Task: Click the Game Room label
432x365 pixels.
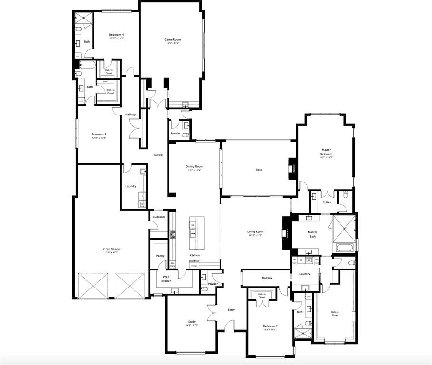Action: point(173,40)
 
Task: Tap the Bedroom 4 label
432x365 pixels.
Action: point(116,35)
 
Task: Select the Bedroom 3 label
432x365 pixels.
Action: point(99,134)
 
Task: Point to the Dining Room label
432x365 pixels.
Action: point(194,167)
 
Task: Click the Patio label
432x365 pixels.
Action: point(259,170)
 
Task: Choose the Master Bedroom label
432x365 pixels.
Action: point(326,152)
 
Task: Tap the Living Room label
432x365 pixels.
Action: point(255,232)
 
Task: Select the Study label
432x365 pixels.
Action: point(192,322)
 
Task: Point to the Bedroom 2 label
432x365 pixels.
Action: point(270,327)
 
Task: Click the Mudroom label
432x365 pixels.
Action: point(159,217)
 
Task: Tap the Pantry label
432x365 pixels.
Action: point(161,256)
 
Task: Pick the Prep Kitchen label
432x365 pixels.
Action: point(166,279)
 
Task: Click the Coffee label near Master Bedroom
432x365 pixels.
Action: point(327,202)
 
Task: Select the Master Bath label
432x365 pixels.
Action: point(312,234)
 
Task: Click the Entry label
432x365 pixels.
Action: point(231,310)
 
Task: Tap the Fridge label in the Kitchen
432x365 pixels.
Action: point(193,266)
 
